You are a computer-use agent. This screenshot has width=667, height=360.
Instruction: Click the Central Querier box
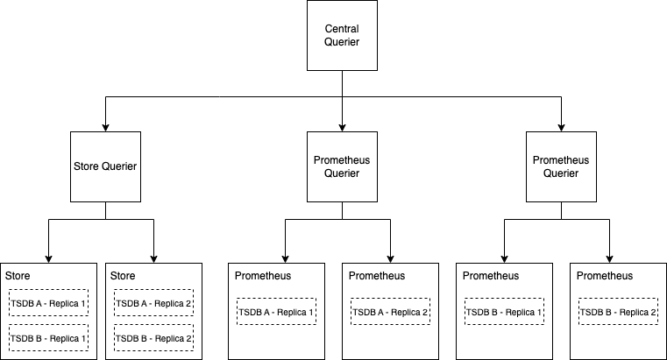(342, 37)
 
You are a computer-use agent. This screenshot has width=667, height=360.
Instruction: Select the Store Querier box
(105, 166)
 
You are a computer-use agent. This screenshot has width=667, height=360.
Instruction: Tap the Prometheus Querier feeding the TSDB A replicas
(342, 166)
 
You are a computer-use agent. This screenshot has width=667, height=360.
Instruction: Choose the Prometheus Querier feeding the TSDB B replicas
(561, 166)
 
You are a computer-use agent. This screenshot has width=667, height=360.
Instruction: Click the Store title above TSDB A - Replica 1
(18, 276)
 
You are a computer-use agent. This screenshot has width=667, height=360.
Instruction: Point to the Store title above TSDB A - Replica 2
(123, 276)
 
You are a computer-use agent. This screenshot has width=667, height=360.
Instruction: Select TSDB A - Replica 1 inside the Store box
(48, 303)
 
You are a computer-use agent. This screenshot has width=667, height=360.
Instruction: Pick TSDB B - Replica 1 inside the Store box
(48, 337)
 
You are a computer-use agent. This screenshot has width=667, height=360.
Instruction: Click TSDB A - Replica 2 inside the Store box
(153, 303)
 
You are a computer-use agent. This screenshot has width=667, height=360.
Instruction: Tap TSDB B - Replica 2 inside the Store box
(153, 337)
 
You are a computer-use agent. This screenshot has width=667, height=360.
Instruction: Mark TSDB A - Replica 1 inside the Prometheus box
(276, 312)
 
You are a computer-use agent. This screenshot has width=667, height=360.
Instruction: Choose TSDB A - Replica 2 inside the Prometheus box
(390, 312)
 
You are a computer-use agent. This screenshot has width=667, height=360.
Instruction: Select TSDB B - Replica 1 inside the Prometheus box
(504, 312)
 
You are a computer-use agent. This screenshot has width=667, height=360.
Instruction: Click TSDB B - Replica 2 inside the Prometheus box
(618, 312)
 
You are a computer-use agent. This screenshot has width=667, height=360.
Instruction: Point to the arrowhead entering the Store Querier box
(105, 127)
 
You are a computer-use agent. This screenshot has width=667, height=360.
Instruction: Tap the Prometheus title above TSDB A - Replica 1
(262, 276)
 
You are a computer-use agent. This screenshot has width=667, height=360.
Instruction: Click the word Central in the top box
(342, 30)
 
